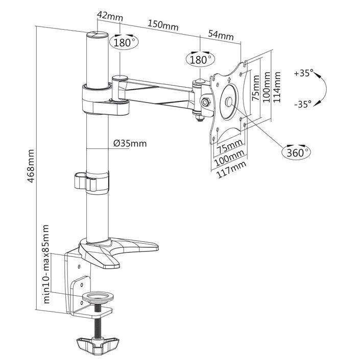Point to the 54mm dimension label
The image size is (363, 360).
(221, 35)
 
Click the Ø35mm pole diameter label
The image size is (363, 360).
(130, 144)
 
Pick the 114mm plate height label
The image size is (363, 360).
(277, 87)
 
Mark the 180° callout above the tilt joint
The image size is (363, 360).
(201, 59)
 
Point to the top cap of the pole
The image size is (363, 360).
(96, 36)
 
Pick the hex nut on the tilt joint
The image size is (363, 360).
(206, 101)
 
